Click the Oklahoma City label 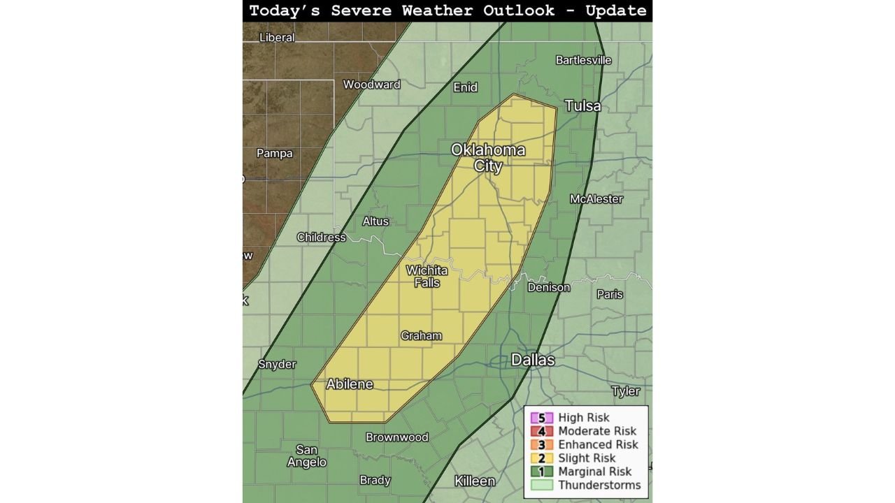point(487,158)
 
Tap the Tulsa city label point(582,105)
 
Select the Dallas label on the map point(533,360)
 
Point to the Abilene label point(350,384)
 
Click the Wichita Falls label point(427,277)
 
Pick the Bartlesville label point(583,60)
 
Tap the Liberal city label point(277,37)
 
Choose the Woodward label point(371,85)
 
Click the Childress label point(321,237)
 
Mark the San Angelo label point(306,456)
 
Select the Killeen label point(475,481)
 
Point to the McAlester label point(596,199)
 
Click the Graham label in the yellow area point(421,336)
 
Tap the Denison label point(548,287)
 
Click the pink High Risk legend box point(541,418)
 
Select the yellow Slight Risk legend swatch point(541,458)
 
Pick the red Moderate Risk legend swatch point(541,431)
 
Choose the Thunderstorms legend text point(599,485)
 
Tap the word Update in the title point(616,10)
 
